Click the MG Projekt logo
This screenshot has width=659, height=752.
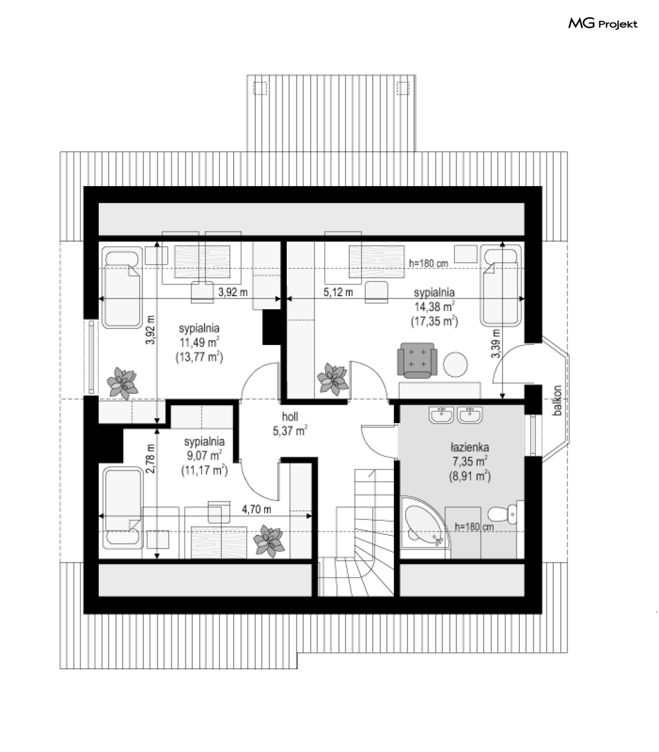602,24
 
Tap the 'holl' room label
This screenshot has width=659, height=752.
290,416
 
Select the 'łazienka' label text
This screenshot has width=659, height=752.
470,447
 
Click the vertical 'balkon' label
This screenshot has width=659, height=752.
557,400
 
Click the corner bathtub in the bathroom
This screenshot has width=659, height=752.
425,526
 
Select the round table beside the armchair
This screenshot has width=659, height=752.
455,365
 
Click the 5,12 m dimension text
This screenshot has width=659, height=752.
338,292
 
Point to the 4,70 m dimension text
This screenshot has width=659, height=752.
256,509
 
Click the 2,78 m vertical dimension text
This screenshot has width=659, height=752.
150,459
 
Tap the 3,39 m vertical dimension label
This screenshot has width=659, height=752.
496,344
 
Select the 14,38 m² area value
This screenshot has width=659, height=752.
434,306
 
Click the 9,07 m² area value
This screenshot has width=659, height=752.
204,455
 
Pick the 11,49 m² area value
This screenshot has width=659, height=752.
199,342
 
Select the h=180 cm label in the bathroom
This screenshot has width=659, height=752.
474,526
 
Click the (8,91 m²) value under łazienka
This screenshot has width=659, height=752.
470,476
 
